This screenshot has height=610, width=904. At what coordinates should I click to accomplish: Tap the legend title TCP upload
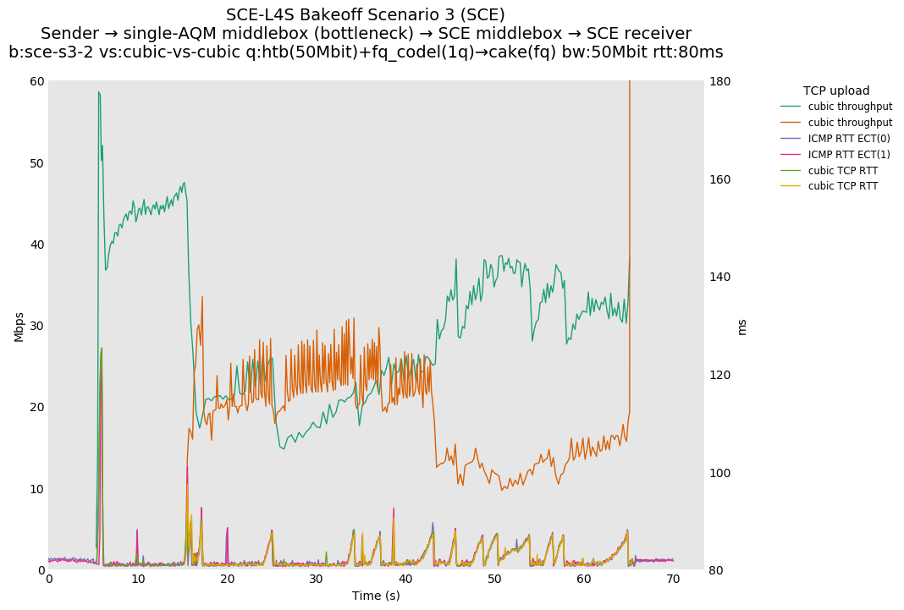coord(835,91)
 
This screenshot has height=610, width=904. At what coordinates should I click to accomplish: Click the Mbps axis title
coord(19,326)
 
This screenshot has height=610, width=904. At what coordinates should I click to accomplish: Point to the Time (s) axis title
coord(376,596)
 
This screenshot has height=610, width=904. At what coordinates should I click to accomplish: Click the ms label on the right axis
coord(741,326)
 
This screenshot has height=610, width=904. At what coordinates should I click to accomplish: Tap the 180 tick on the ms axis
coord(720,81)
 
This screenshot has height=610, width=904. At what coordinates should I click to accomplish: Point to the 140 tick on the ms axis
coord(720,277)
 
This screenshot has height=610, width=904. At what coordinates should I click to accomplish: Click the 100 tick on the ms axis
coord(720,473)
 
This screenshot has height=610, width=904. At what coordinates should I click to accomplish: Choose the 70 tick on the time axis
coord(673,580)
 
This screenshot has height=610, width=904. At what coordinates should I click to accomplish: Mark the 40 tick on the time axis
coord(405,580)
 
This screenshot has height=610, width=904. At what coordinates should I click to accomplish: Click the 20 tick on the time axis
coord(227,580)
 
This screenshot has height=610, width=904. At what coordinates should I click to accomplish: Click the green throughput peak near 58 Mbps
coord(98,92)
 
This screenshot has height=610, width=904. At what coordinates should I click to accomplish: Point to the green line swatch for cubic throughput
coord(791,107)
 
